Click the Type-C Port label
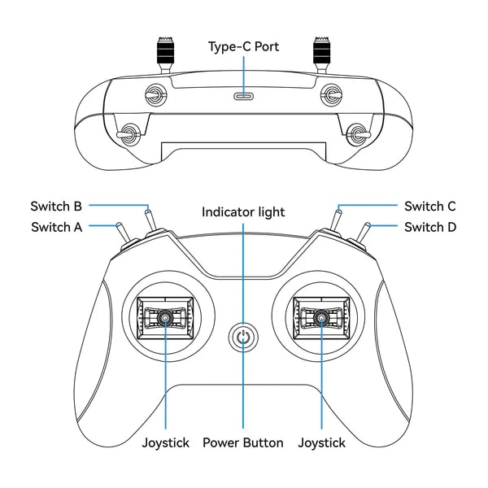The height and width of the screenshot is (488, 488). click(243, 46)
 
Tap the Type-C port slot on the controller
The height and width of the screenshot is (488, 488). click(243, 96)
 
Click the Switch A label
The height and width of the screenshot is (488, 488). click(57, 227)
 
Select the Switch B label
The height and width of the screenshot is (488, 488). click(57, 206)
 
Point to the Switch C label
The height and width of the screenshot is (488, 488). click(429, 206)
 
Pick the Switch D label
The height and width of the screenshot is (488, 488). click(430, 227)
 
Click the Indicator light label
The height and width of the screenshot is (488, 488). click(243, 212)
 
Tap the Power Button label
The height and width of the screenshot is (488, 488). click(243, 443)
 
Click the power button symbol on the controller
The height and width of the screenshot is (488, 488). click(243, 338)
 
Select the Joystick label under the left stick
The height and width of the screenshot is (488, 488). click(165, 443)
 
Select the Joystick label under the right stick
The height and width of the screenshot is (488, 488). click(321, 443)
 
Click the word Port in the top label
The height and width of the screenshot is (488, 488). click(266, 46)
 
